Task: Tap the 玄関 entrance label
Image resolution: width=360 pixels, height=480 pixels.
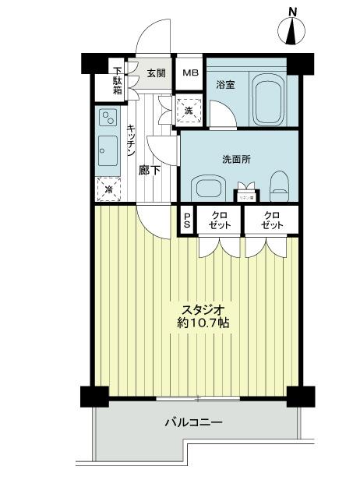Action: [x=155, y=73]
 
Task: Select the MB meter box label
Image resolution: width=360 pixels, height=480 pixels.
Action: [x=191, y=73]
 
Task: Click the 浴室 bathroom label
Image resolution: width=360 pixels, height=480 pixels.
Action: [x=225, y=84]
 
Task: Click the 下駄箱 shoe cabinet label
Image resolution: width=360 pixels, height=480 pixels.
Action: [x=116, y=78]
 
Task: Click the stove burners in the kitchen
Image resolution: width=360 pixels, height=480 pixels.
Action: [x=108, y=118]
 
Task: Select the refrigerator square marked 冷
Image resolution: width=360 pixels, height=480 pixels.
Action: [x=108, y=189]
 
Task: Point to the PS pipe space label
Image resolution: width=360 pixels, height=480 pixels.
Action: [x=187, y=221]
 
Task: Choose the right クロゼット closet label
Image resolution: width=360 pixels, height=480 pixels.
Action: [x=271, y=221]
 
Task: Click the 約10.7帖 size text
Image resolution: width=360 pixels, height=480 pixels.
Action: [x=203, y=321]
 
